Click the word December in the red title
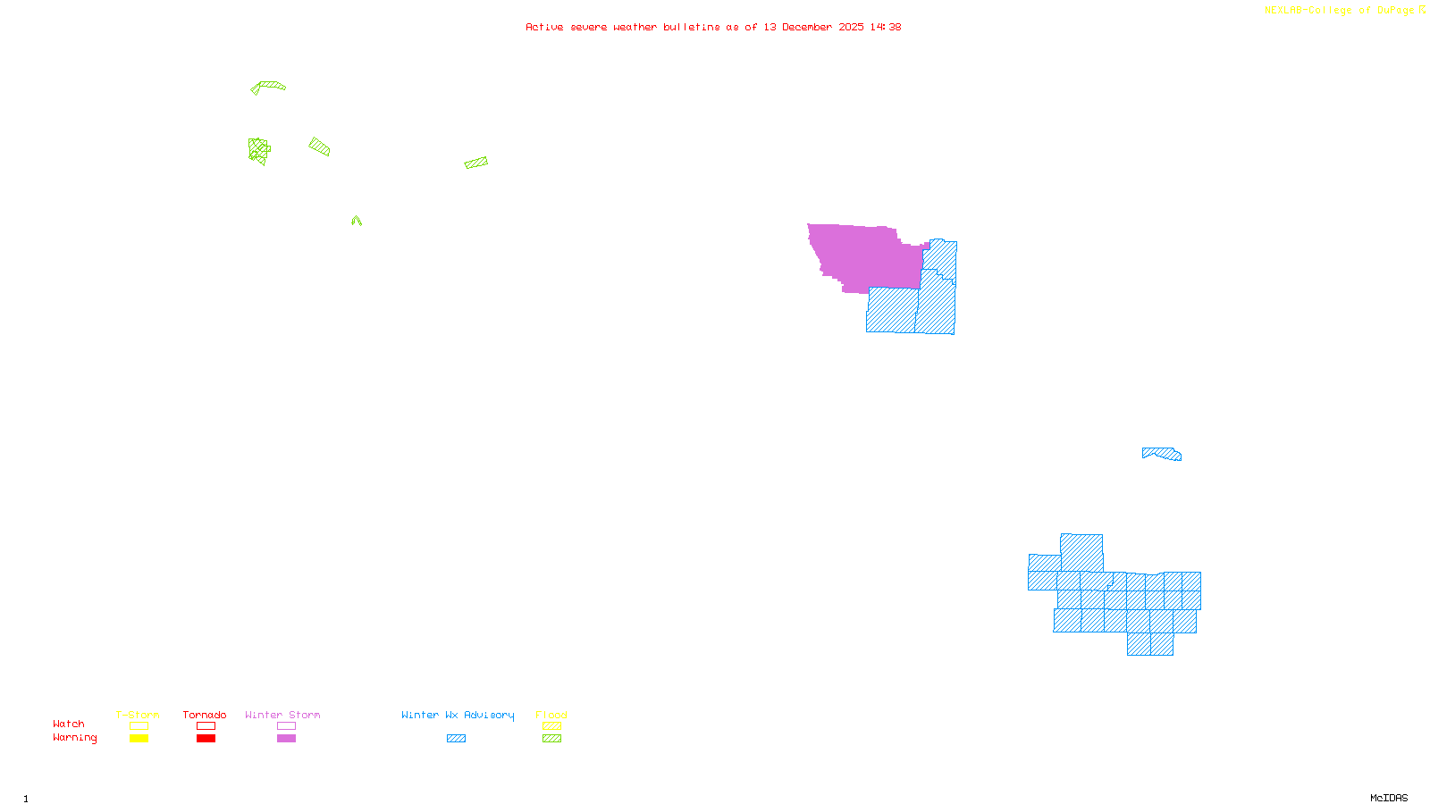[807, 27]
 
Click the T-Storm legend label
[138, 715]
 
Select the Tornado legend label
[205, 715]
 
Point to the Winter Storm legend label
[282, 715]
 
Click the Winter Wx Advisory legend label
[458, 715]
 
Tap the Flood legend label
[551, 715]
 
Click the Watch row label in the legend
[69, 724]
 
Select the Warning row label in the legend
[74, 738]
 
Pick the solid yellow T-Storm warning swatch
[139, 739]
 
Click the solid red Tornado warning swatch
[206, 739]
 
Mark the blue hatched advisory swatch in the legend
[456, 739]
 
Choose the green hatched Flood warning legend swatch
[551, 739]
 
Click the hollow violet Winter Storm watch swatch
[286, 726]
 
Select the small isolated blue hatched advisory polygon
[1162, 454]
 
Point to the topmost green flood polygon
[268, 87]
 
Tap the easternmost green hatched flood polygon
[476, 163]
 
